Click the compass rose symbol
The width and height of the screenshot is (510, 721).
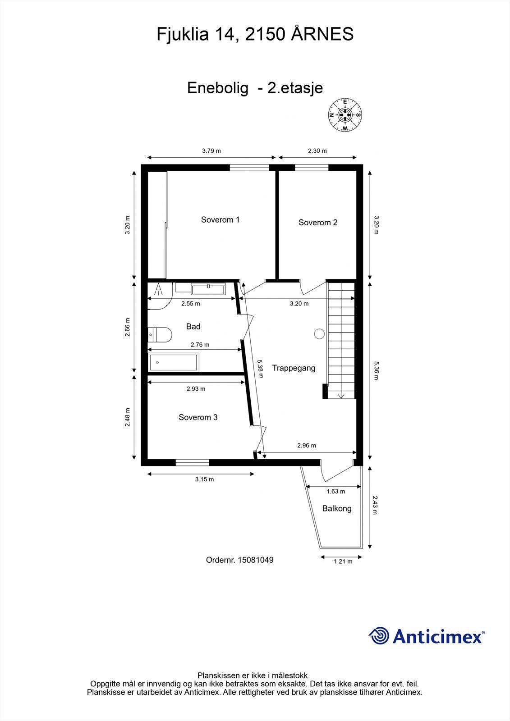[345, 115]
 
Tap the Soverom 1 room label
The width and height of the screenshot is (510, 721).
[220, 220]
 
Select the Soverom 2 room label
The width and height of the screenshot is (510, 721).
[317, 223]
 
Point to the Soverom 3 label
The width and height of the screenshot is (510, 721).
[198, 417]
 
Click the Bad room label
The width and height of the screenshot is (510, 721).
[193, 326]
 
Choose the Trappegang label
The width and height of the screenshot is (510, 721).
[294, 368]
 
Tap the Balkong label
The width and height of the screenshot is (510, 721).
[337, 509]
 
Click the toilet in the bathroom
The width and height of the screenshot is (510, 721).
[160, 335]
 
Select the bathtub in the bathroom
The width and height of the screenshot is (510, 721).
[174, 362]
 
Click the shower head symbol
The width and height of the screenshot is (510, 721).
[158, 289]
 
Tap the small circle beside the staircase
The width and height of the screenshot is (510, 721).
[319, 334]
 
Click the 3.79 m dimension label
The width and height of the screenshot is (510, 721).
[211, 151]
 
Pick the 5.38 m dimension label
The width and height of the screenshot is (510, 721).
[260, 369]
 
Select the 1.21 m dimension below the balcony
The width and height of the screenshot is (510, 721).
[343, 561]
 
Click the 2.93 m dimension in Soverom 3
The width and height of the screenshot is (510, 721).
[196, 389]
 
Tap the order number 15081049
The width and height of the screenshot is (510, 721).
[256, 560]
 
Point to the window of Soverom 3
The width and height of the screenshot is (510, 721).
[193, 463]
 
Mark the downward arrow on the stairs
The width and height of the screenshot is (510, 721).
[341, 396]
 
